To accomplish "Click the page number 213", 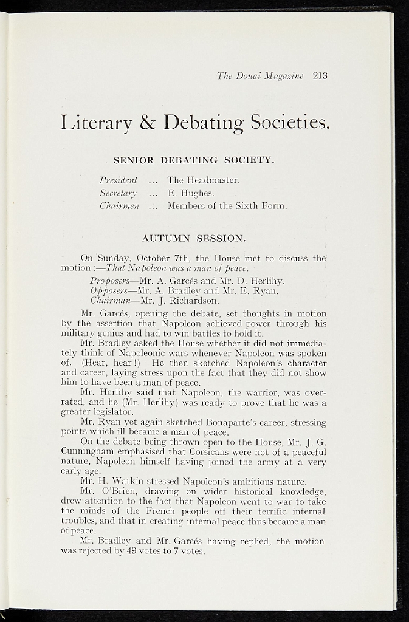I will point(320,76).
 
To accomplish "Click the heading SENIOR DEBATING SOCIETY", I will point(194,160).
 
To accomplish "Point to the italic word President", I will point(118,180).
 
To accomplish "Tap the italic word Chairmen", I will point(119,206).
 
